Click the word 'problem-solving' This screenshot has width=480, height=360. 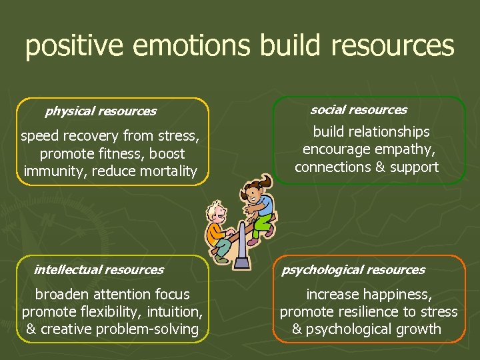coord(151,329)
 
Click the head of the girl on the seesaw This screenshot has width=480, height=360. coord(253,195)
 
